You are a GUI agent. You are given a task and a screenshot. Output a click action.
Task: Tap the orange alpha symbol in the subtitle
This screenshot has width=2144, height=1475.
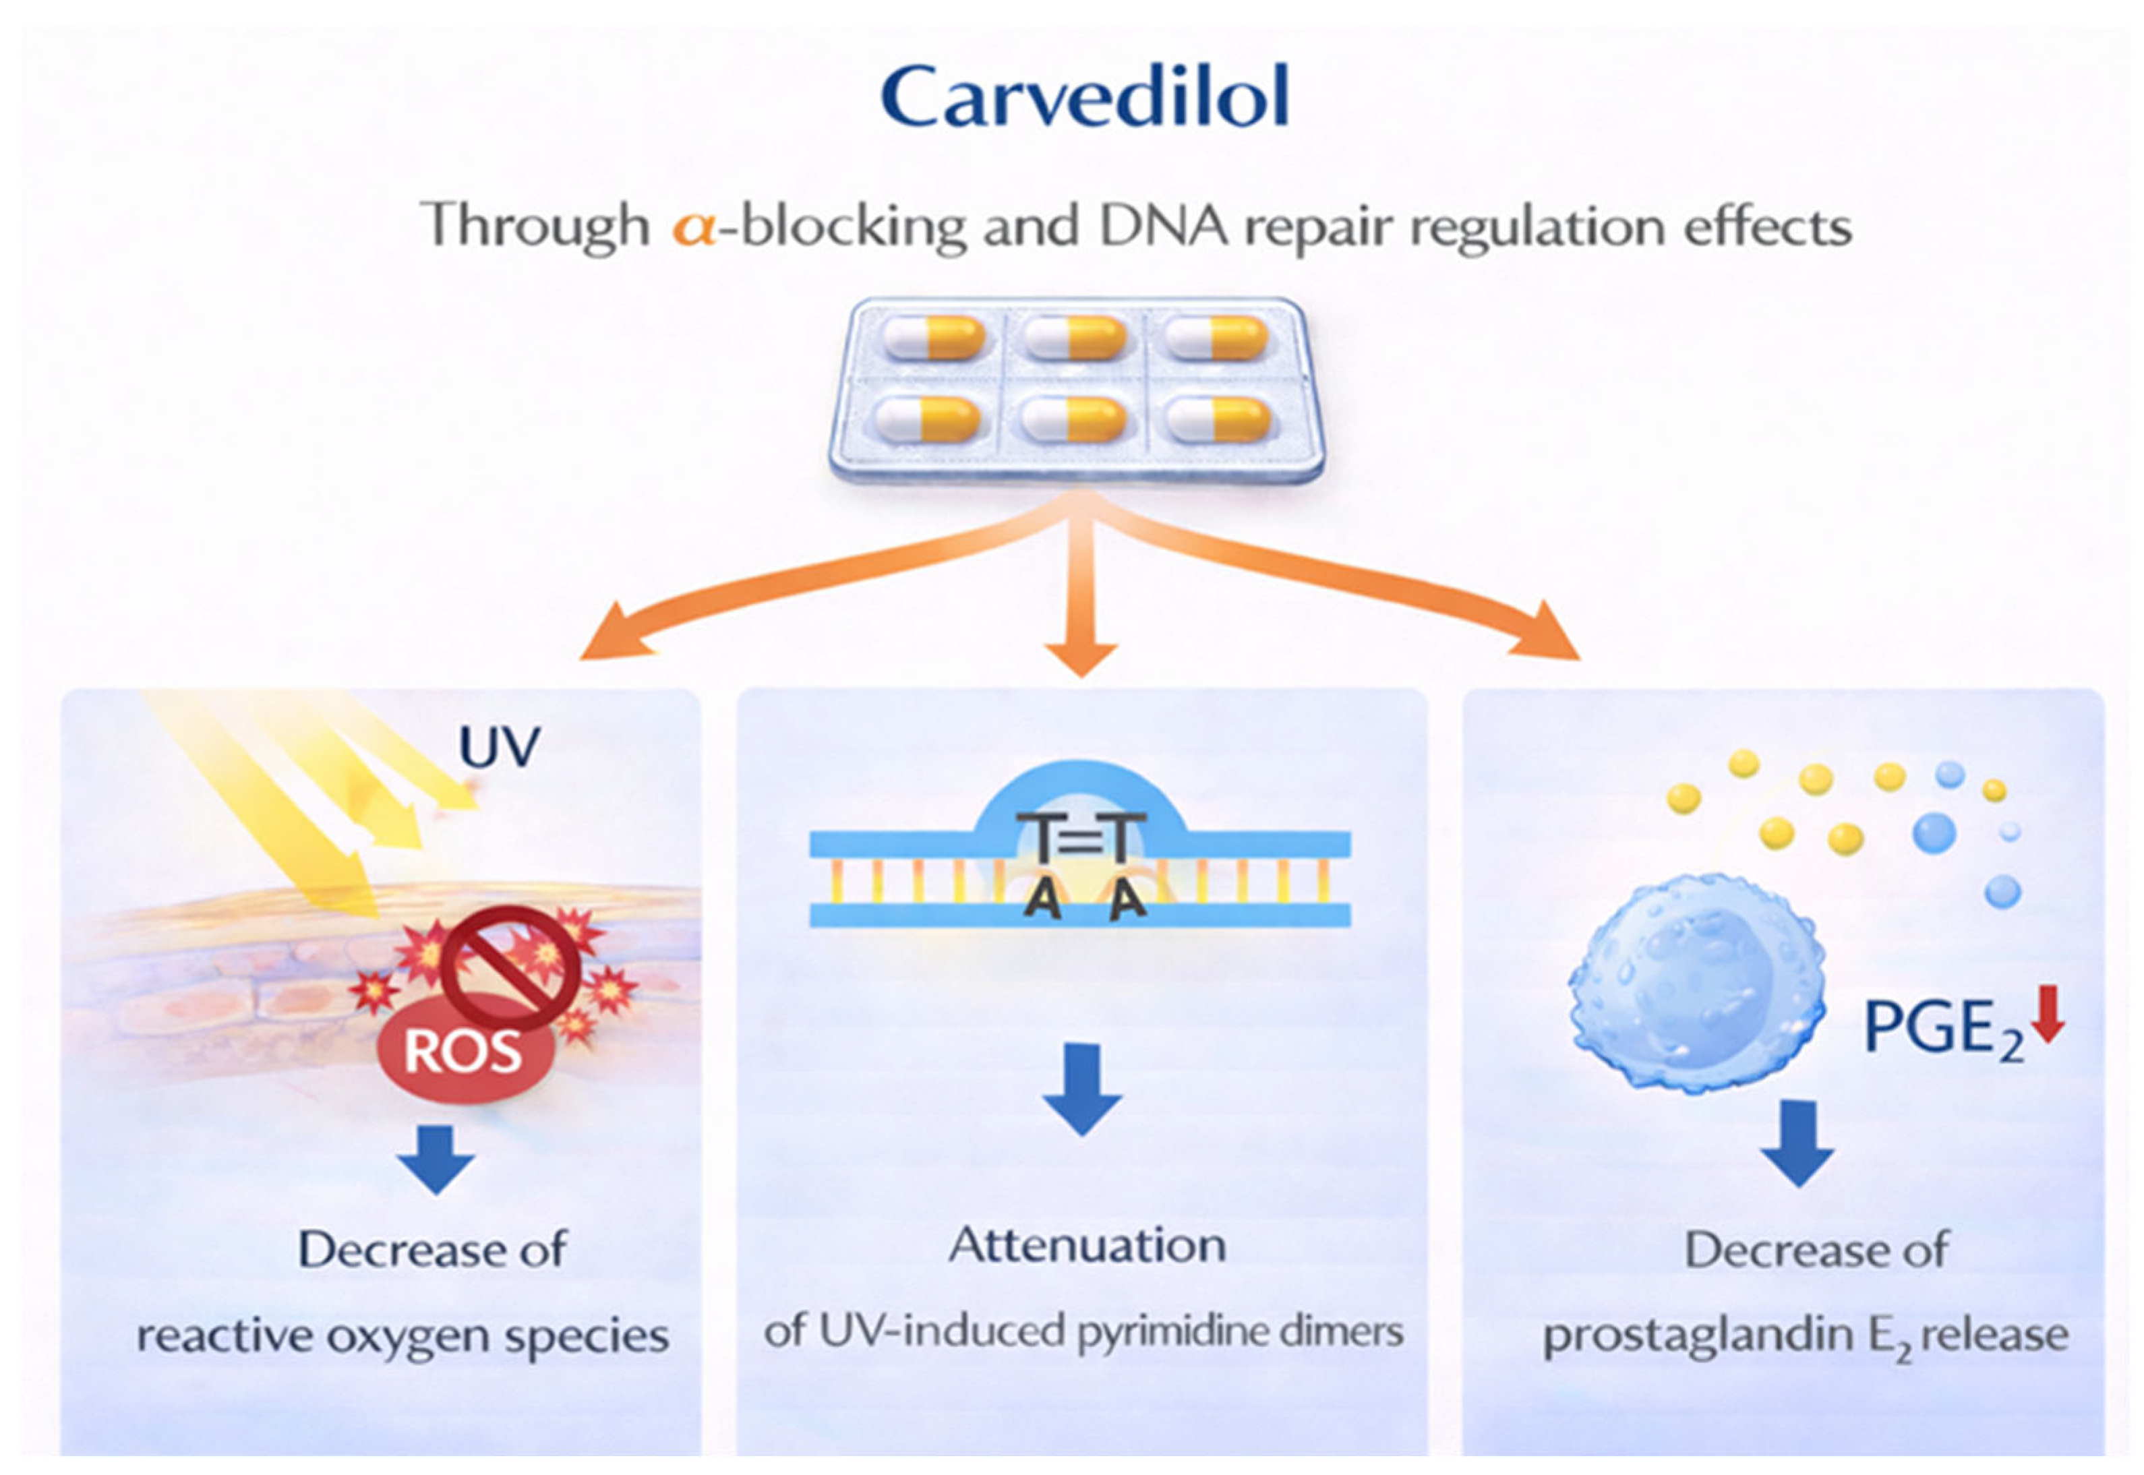694,227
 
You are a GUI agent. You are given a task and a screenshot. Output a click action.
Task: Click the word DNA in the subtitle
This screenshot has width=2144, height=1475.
1164,226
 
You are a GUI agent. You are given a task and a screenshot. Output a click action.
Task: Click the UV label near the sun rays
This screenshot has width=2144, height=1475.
499,747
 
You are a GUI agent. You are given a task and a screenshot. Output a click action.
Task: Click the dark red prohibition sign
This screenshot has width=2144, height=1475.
511,967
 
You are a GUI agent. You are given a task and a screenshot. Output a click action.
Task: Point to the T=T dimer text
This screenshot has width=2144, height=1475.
1081,839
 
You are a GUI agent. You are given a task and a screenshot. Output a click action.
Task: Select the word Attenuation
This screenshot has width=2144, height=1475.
1088,1245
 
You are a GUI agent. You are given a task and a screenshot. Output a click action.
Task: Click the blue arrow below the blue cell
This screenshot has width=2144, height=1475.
1797,1144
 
